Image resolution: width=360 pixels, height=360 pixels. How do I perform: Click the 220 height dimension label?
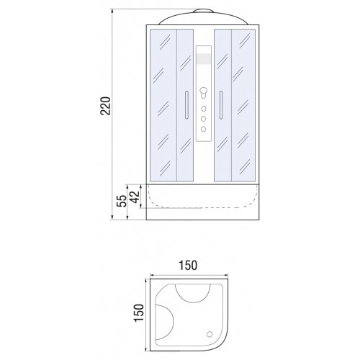[x=106, y=106]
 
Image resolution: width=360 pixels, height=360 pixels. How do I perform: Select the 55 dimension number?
[x=122, y=201]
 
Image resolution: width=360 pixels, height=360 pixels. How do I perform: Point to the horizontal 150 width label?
[x=188, y=265]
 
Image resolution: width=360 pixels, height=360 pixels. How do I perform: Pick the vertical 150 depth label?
[x=139, y=312]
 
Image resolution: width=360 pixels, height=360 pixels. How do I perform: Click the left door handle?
[x=186, y=105]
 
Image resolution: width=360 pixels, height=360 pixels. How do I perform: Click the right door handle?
[x=221, y=105]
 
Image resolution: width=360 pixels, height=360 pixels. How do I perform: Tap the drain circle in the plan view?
[x=210, y=334]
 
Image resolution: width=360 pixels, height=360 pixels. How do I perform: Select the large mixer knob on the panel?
[x=204, y=92]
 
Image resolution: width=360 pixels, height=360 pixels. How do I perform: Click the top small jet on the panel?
[x=204, y=109]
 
